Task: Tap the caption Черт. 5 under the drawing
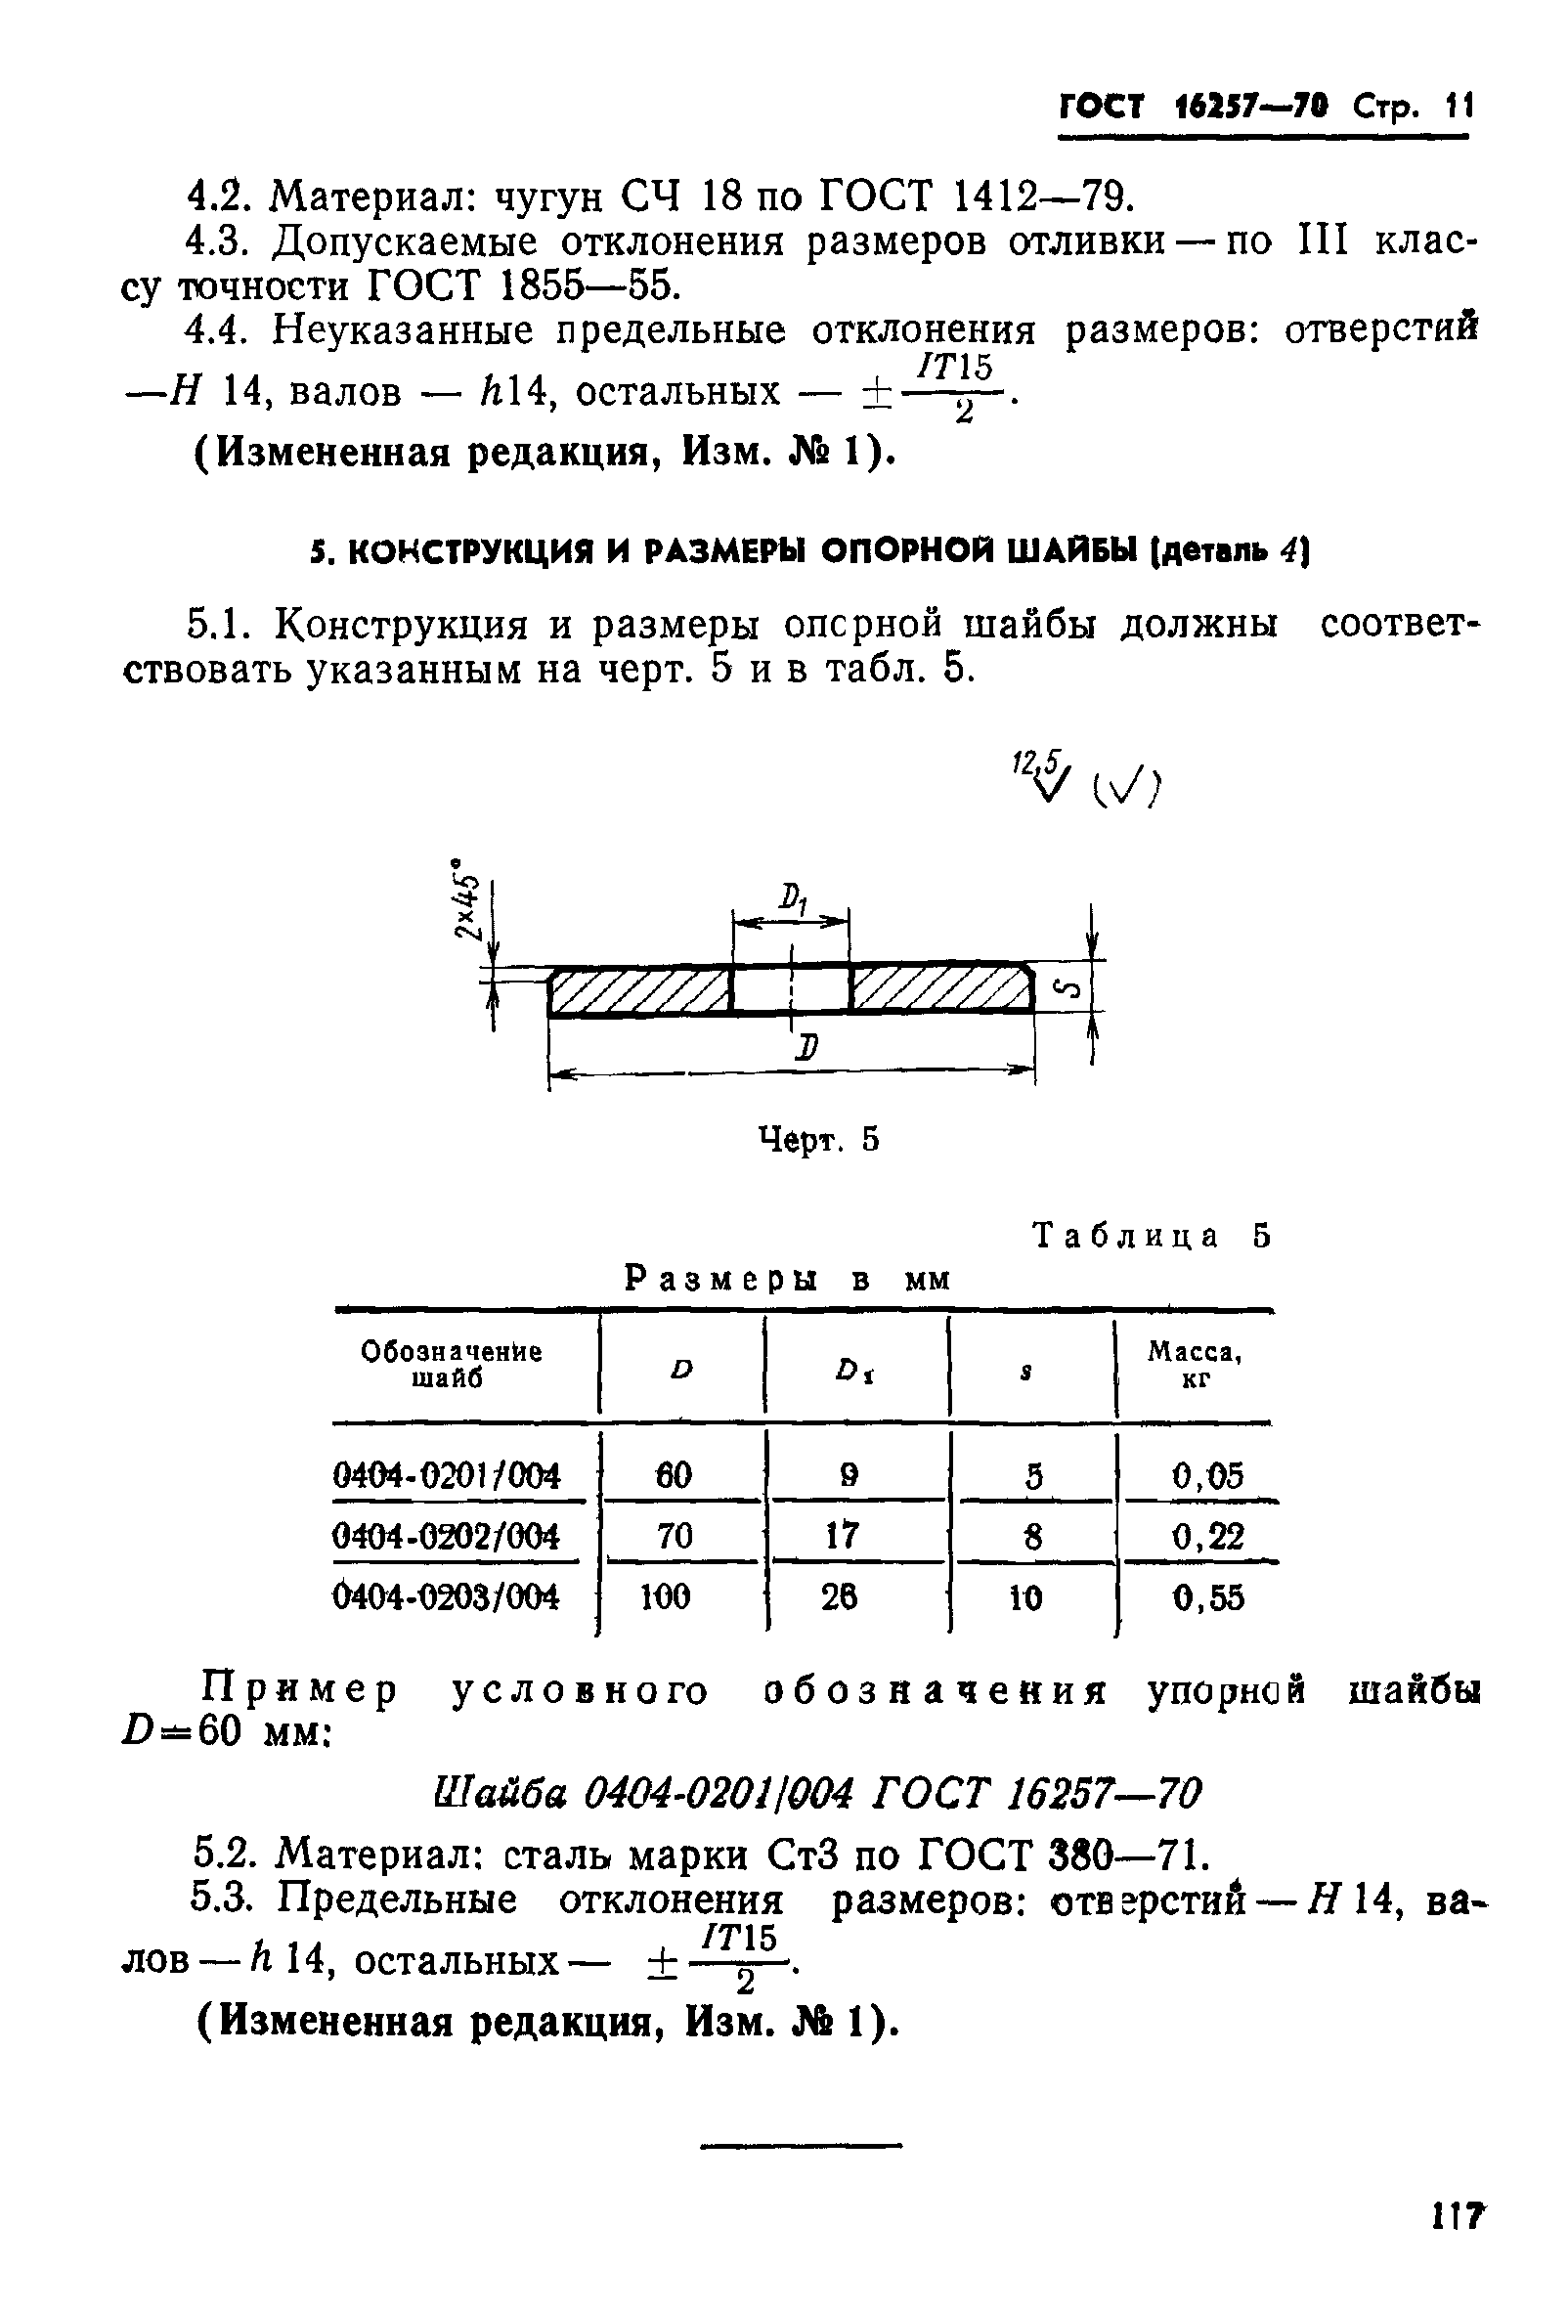click(x=818, y=1139)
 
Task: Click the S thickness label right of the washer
click(x=1069, y=989)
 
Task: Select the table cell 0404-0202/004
click(x=446, y=1536)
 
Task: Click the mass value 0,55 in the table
click(x=1207, y=1597)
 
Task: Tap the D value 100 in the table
click(x=666, y=1597)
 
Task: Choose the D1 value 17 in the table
click(x=842, y=1536)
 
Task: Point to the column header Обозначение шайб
click(x=451, y=1365)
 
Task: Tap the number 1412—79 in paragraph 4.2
click(x=1041, y=197)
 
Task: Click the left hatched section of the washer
click(x=639, y=991)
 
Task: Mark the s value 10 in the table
click(x=1025, y=1597)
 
